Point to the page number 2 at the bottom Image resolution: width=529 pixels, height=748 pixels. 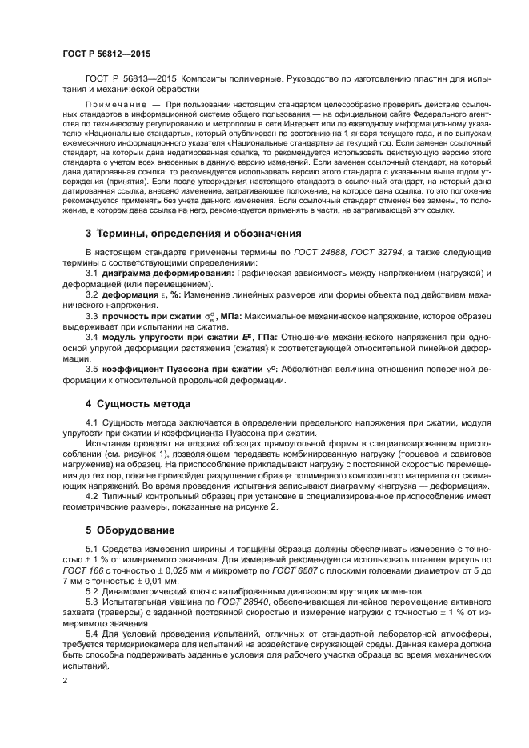[x=64, y=681]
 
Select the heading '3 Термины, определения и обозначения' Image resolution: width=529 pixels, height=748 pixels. [x=193, y=234]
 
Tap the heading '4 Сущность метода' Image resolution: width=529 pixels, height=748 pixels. [x=138, y=403]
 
